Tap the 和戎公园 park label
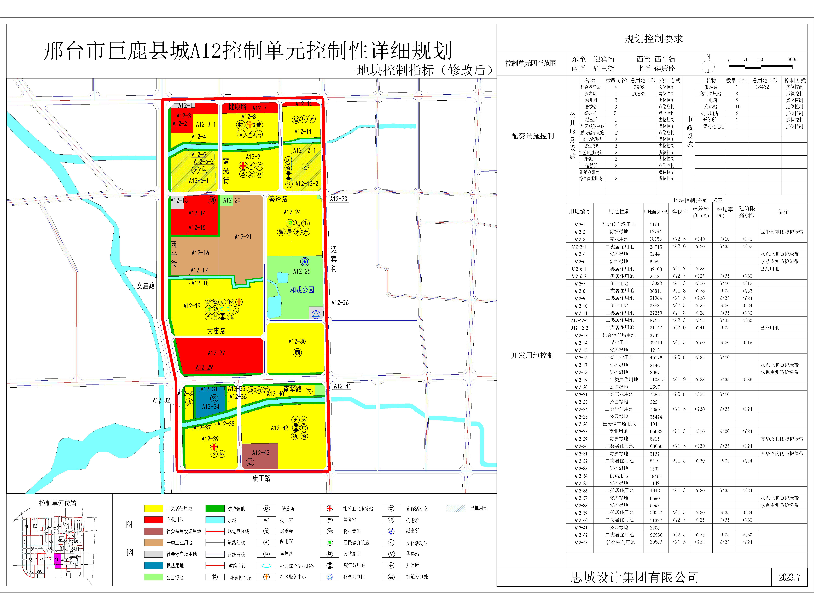point(302,290)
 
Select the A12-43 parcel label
point(261,453)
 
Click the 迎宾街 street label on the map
point(334,259)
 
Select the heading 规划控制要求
point(654,39)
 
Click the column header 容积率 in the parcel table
point(680,212)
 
